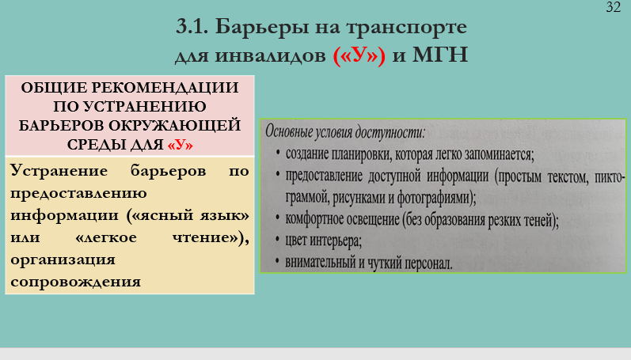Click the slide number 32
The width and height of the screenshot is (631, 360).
614,7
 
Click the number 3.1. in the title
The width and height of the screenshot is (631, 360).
192,27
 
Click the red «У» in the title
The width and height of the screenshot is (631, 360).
359,55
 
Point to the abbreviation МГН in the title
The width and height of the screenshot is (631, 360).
440,55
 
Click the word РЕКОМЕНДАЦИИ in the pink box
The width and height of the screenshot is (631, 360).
165,88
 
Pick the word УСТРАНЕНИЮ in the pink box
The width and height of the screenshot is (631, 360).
144,107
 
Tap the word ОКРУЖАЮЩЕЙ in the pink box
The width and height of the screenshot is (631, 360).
175,126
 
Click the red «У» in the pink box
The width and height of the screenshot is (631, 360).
181,145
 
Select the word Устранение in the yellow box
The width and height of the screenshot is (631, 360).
59,171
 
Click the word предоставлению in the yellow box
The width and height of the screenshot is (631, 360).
78,194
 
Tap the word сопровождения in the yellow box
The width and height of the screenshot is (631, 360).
76,282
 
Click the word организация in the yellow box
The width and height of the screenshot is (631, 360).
63,260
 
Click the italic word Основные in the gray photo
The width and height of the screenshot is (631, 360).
289,131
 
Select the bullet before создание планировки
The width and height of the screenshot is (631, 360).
278,153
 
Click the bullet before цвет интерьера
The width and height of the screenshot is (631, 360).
277,240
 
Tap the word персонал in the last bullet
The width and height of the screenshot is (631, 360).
428,263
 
